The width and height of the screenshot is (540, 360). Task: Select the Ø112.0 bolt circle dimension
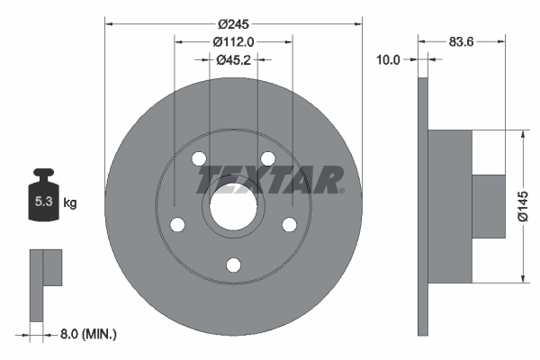pyautogui.click(x=234, y=40)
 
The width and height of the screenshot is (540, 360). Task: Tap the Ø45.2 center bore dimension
pyautogui.click(x=233, y=59)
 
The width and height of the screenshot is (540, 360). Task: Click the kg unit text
pyautogui.click(x=69, y=203)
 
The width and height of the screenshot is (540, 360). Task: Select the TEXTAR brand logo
pyautogui.click(x=270, y=177)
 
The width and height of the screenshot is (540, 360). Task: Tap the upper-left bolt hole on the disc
pyautogui.click(x=199, y=159)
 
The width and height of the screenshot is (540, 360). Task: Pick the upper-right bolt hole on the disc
pyautogui.click(x=267, y=159)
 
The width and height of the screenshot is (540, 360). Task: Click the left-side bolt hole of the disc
pyautogui.click(x=177, y=224)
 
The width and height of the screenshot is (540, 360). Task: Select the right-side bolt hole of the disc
pyautogui.click(x=289, y=224)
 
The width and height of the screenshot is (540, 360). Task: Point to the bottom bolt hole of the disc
pyautogui.click(x=233, y=265)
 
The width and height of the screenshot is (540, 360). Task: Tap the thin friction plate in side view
pyautogui.click(x=423, y=205)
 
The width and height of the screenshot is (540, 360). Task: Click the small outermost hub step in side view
pyautogui.click(x=489, y=205)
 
